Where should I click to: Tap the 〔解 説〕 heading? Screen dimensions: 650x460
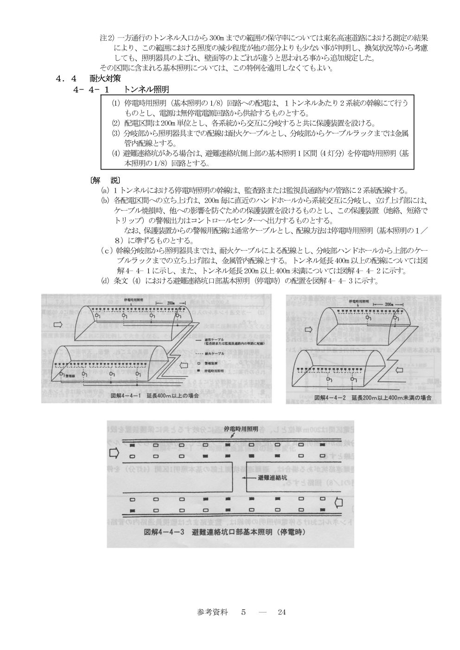click(x=105, y=180)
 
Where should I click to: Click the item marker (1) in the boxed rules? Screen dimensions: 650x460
click(x=115, y=103)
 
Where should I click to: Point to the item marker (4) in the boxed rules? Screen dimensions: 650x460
click(x=115, y=153)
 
